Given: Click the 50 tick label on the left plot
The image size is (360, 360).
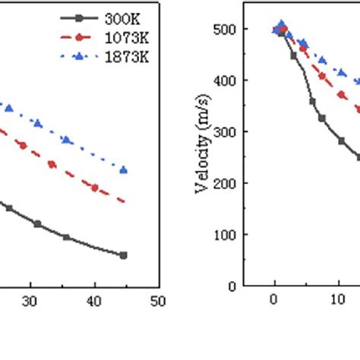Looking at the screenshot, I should click(x=159, y=300).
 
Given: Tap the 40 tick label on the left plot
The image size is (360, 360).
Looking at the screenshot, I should click(x=94, y=300).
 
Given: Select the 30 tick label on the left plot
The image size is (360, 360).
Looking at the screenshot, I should click(x=30, y=300).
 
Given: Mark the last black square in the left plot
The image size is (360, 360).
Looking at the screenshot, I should click(x=124, y=255).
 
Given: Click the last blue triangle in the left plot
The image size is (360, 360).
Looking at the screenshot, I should click(x=124, y=170).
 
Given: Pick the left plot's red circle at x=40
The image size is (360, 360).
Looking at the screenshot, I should click(x=95, y=188).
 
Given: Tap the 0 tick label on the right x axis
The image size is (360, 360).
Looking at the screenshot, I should click(x=274, y=300).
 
